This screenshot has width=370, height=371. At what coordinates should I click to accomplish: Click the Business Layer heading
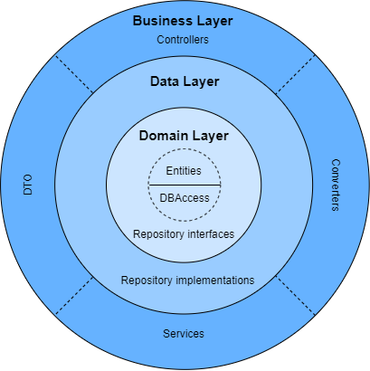pyautogui.click(x=183, y=21)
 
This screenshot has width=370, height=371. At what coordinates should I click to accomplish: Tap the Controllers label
pyautogui.click(x=183, y=40)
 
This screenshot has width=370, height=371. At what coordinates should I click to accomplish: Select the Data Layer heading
pyautogui.click(x=185, y=81)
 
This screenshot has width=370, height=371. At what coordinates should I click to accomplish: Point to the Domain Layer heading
pyautogui.click(x=184, y=137)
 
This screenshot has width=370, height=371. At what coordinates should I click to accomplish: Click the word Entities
pyautogui.click(x=184, y=170)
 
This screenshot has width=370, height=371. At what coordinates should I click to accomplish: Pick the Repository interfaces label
pyautogui.click(x=184, y=234)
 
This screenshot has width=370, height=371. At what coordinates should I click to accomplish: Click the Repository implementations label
pyautogui.click(x=187, y=281)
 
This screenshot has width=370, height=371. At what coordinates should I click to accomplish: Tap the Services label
pyautogui.click(x=184, y=334)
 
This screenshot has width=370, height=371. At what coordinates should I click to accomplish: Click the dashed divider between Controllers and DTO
pyautogui.click(x=74, y=75)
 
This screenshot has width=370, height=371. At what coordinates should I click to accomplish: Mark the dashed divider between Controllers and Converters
pyautogui.click(x=296, y=75)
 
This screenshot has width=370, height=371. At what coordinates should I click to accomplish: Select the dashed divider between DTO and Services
pyautogui.click(x=74, y=295)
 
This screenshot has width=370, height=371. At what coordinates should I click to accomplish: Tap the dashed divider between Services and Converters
pyautogui.click(x=296, y=295)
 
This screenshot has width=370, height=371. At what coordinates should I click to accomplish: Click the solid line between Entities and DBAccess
pyautogui.click(x=184, y=185)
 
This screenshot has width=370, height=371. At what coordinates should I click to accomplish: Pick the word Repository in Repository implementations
pyautogui.click(x=147, y=281)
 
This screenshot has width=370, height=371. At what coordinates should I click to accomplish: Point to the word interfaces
pyautogui.click(x=212, y=234)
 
